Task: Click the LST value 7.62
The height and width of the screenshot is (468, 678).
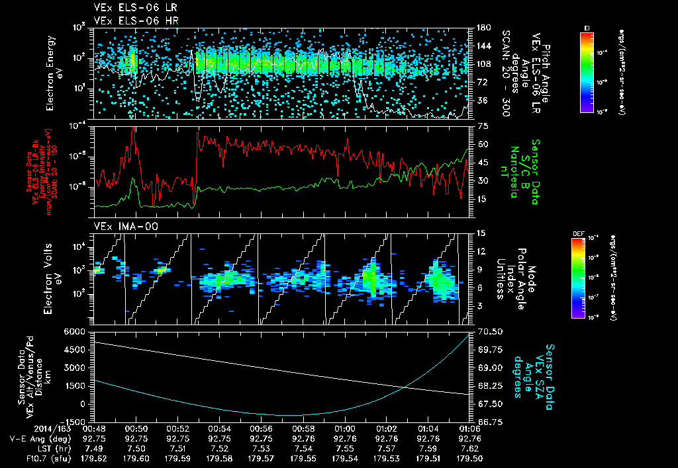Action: (x=469, y=447)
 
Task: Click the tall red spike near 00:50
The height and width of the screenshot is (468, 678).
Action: (x=134, y=131)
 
